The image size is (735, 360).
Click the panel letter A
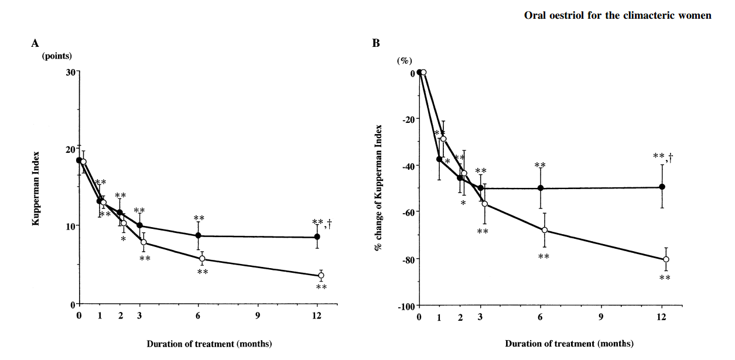(x=35, y=43)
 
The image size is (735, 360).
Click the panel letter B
(x=376, y=43)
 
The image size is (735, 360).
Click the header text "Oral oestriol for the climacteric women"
(x=618, y=15)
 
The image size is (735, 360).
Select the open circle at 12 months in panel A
(x=321, y=275)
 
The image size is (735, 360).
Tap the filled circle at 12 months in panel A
(x=317, y=237)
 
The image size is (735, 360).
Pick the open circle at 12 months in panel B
(x=666, y=259)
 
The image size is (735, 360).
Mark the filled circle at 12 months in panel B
(x=662, y=187)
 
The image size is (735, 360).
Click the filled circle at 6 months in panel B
(x=541, y=188)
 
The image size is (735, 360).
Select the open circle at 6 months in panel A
(x=203, y=259)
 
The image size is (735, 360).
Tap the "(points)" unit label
(x=57, y=57)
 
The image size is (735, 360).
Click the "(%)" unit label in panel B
(x=405, y=60)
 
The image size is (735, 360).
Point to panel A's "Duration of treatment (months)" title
(x=209, y=344)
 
